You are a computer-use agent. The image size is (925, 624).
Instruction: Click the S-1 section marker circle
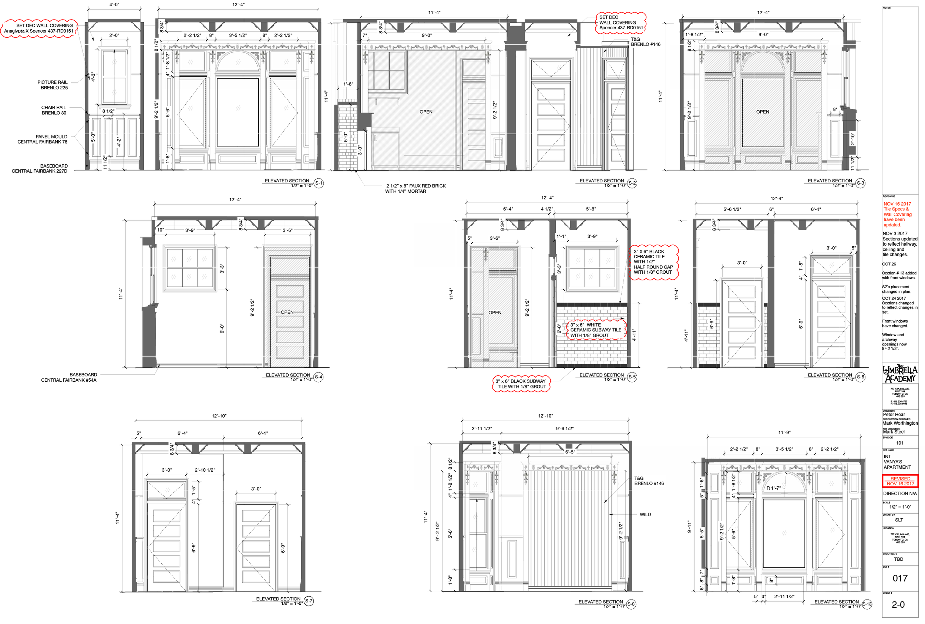319,183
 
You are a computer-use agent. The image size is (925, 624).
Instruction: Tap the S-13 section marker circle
867,604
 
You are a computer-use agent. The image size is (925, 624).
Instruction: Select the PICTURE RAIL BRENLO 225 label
53,85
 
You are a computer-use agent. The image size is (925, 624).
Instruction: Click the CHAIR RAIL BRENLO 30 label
54,110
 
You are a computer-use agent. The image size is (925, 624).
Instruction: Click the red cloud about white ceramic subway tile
595,330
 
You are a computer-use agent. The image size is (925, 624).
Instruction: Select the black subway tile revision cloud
521,384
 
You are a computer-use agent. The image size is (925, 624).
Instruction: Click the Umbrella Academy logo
900,374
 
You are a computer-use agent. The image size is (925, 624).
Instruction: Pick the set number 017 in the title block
899,579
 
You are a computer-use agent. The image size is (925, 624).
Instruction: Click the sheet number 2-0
898,605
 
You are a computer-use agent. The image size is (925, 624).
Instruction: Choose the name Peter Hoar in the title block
894,415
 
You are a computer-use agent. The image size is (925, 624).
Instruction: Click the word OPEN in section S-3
762,112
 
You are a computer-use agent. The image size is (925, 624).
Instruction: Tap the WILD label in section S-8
645,515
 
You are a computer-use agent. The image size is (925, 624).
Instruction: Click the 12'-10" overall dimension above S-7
219,416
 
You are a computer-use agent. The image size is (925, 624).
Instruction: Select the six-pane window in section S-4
190,268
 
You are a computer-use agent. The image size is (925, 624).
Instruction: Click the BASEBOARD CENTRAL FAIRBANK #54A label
69,378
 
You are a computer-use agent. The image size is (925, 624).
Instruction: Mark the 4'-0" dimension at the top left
114,5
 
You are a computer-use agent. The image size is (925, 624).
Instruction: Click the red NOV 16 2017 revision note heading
897,204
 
